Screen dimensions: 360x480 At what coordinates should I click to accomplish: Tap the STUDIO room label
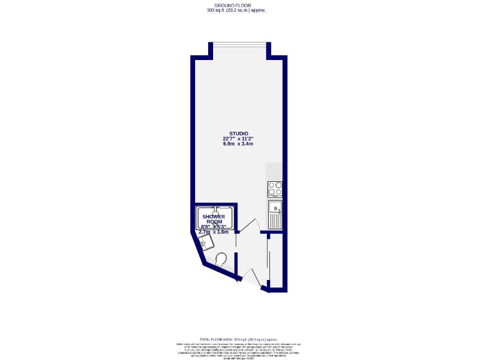coord(238,134)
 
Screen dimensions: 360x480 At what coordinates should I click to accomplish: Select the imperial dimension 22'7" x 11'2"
coord(238,139)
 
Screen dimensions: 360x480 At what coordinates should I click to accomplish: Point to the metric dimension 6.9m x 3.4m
coord(238,144)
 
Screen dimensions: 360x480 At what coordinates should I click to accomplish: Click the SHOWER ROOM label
coord(213,219)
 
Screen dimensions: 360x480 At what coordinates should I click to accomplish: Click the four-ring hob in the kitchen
coord(275,189)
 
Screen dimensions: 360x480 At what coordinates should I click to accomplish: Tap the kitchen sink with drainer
coord(275,213)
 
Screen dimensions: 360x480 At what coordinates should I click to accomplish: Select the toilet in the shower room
coord(220,259)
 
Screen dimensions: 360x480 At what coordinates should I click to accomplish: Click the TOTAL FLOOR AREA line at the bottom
coord(238,338)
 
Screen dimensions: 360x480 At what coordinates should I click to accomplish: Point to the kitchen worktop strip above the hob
coord(274,171)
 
